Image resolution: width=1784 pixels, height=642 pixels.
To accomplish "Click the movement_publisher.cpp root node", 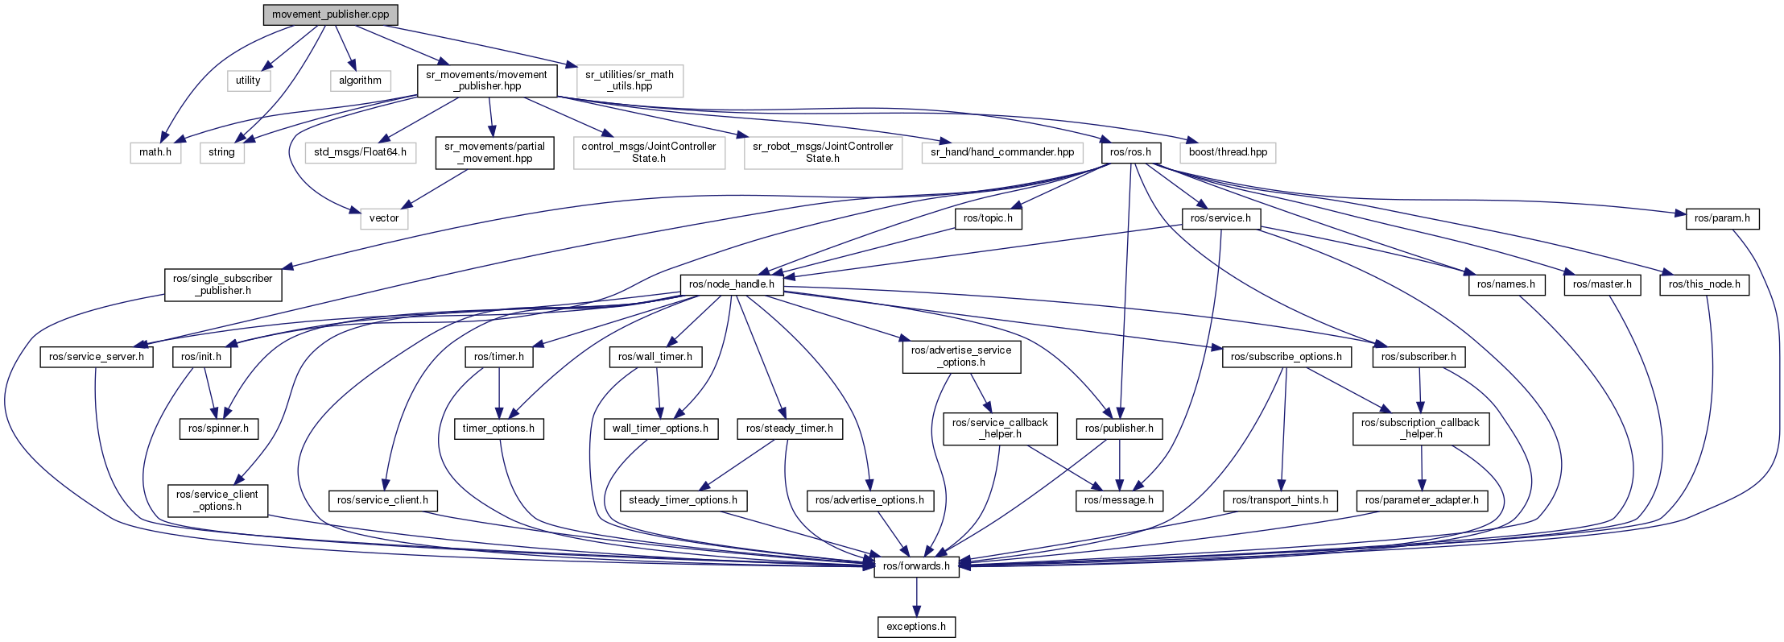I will tap(330, 14).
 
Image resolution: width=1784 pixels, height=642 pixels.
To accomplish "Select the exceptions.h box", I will tap(916, 626).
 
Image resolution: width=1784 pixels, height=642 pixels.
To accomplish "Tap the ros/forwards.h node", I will tap(916, 565).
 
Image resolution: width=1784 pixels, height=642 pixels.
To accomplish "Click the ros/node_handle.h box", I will tap(732, 284).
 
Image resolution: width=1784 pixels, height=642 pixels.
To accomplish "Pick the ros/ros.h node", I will tap(1130, 151).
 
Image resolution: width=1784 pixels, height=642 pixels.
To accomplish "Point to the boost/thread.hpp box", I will tap(1228, 151).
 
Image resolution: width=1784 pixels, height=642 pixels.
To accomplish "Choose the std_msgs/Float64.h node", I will tap(360, 151).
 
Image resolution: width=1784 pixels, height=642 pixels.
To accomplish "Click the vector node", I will tap(384, 217).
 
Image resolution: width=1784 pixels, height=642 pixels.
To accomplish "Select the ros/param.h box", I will tap(1722, 217).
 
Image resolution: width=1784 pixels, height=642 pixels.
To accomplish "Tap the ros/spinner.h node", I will tap(218, 428).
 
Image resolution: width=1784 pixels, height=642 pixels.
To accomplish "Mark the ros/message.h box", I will tap(1118, 500).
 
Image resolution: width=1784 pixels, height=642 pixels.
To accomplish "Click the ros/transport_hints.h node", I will tap(1280, 500).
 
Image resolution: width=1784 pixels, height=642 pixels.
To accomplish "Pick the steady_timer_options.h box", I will tap(683, 500).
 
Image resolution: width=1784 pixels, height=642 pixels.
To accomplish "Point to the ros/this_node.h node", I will tap(1704, 284).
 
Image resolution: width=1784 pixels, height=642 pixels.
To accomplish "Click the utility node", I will tap(248, 80).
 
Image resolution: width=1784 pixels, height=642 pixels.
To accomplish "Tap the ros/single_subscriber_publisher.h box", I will tap(223, 284).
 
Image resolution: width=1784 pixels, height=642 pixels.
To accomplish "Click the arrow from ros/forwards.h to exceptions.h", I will tap(916, 596).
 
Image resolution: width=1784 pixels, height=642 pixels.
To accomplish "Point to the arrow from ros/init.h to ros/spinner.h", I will tap(209, 392).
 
